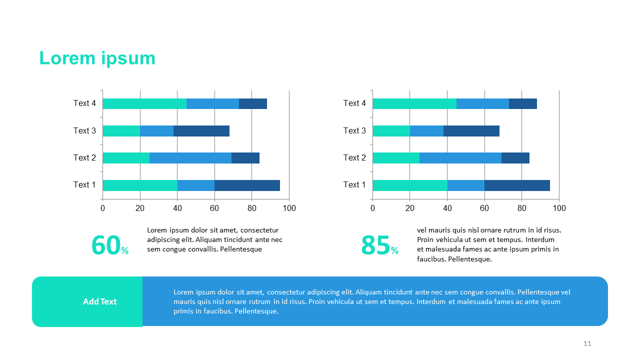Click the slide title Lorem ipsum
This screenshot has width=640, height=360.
click(x=97, y=58)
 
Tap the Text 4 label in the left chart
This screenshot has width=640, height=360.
click(x=84, y=103)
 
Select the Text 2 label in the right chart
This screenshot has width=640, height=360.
click(x=354, y=158)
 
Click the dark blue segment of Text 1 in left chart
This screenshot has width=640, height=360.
click(x=247, y=185)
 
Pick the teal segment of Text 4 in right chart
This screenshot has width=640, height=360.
click(x=414, y=103)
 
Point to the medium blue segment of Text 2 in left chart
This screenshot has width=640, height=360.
click(x=190, y=158)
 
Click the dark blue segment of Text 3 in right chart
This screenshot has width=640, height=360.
click(x=471, y=131)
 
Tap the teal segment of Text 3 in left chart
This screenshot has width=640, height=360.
click(x=121, y=131)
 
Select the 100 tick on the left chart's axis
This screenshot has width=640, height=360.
click(x=289, y=208)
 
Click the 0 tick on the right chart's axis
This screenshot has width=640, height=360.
click(x=372, y=208)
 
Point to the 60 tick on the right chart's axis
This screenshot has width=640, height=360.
click(x=484, y=208)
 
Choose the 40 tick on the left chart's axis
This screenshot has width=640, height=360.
click(x=177, y=208)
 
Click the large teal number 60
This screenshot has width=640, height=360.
click(x=105, y=245)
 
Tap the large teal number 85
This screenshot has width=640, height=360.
click(x=375, y=245)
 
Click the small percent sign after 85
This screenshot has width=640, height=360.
click(x=395, y=251)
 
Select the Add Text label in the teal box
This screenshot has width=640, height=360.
click(x=99, y=301)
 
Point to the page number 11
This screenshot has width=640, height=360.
click(x=587, y=343)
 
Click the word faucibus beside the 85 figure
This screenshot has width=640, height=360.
click(x=431, y=259)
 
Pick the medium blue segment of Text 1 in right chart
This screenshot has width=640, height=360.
click(x=465, y=185)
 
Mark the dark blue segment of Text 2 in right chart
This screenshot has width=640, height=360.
click(x=515, y=158)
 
